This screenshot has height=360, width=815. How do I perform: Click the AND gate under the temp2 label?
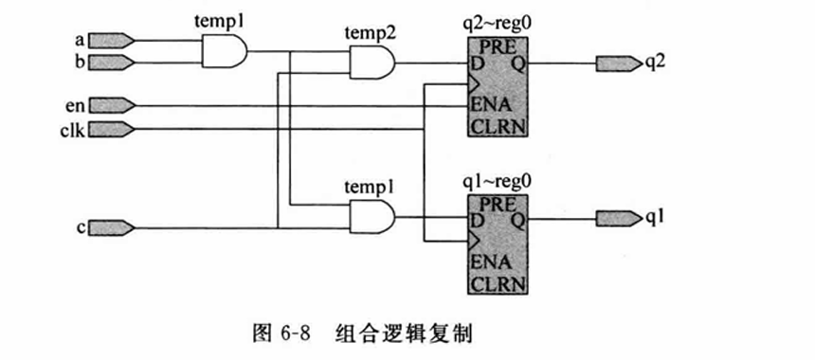click(x=372, y=64)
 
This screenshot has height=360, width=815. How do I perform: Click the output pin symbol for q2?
click(x=618, y=63)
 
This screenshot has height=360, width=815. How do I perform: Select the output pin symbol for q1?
click(x=618, y=218)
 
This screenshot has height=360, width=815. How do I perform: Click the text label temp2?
click(x=370, y=35)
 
